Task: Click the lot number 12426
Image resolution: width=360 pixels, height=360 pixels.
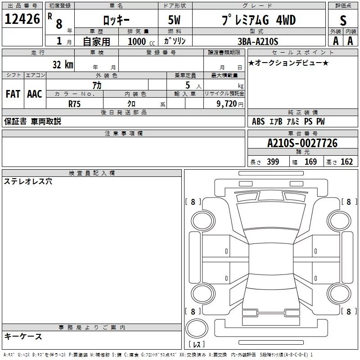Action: tap(22, 19)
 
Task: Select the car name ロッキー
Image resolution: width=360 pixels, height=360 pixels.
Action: tap(116, 20)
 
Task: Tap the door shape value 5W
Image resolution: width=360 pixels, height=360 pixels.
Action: tap(174, 20)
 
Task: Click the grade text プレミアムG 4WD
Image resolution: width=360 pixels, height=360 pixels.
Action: tap(259, 20)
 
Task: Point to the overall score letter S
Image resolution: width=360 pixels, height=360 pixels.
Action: tap(343, 20)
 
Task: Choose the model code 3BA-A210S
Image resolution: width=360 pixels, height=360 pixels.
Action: tap(258, 41)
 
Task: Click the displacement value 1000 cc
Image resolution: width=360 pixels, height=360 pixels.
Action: tap(141, 41)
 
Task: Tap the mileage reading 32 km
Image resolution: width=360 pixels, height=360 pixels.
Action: tap(63, 64)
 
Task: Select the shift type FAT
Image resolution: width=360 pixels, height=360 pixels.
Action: tap(13, 94)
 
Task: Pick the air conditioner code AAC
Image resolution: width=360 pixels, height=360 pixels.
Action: tap(35, 94)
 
